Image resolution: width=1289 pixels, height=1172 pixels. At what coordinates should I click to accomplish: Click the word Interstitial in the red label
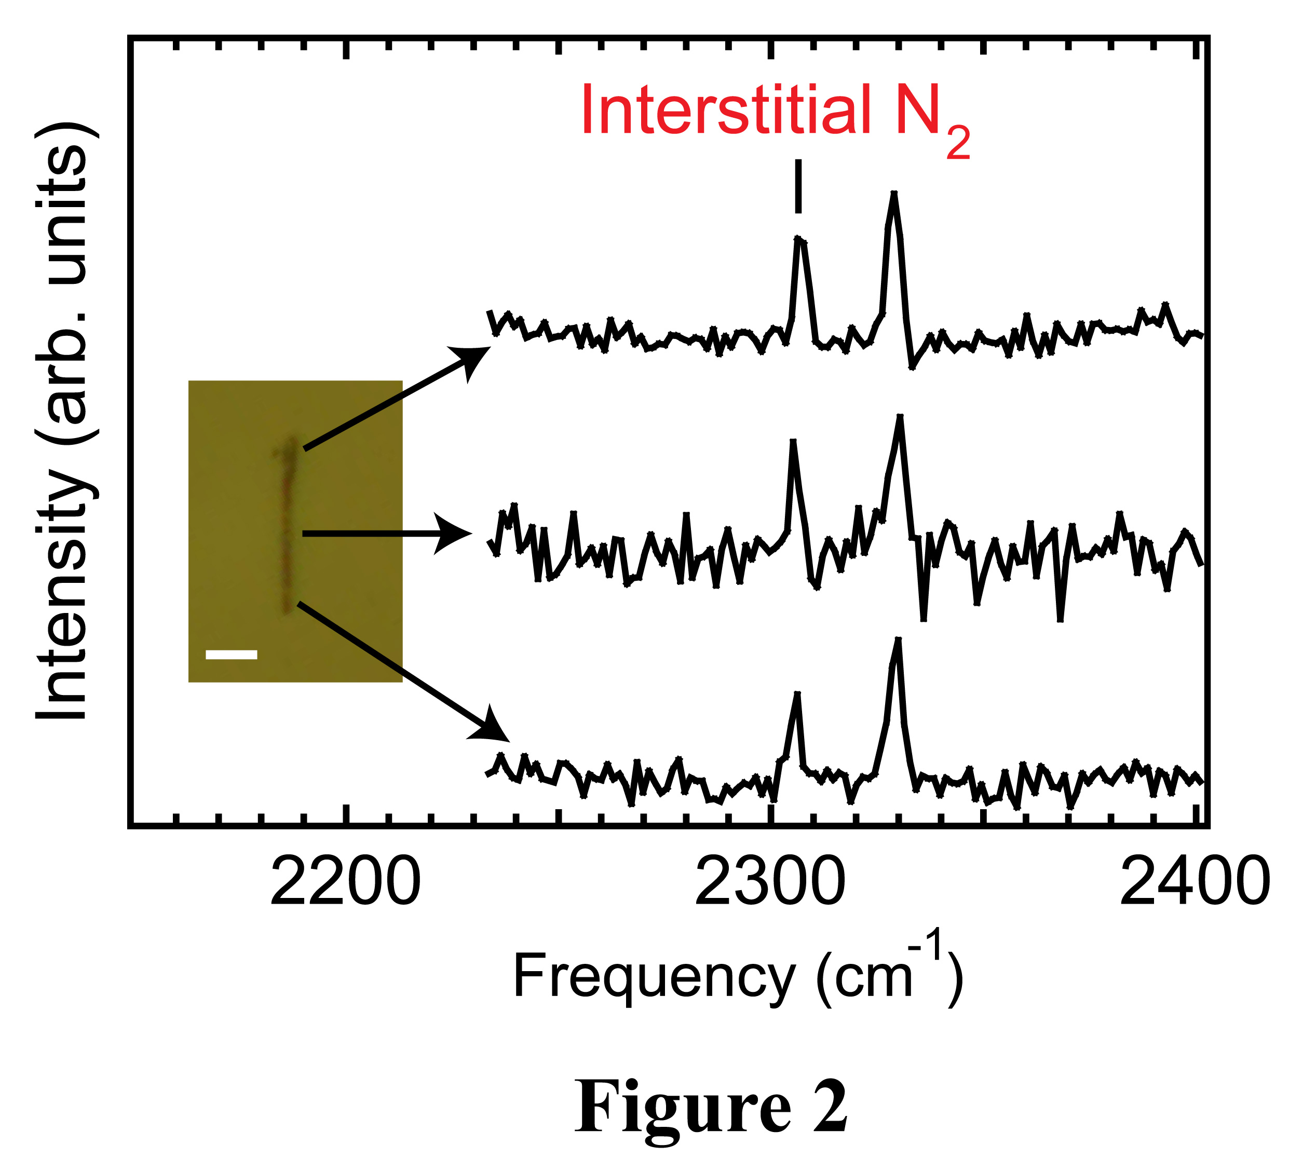click(726, 111)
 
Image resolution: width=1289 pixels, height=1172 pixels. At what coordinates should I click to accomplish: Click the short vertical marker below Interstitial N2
click(798, 186)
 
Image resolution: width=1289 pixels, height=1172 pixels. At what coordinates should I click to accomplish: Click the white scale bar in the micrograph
click(232, 654)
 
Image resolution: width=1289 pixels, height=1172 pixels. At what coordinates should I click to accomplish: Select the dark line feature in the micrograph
click(288, 524)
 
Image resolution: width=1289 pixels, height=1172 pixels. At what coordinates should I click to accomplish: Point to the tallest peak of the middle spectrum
click(900, 417)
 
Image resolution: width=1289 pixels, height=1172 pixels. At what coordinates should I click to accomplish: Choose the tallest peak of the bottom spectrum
click(898, 640)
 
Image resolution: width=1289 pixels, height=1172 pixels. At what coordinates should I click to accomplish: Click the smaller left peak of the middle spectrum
click(793, 441)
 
